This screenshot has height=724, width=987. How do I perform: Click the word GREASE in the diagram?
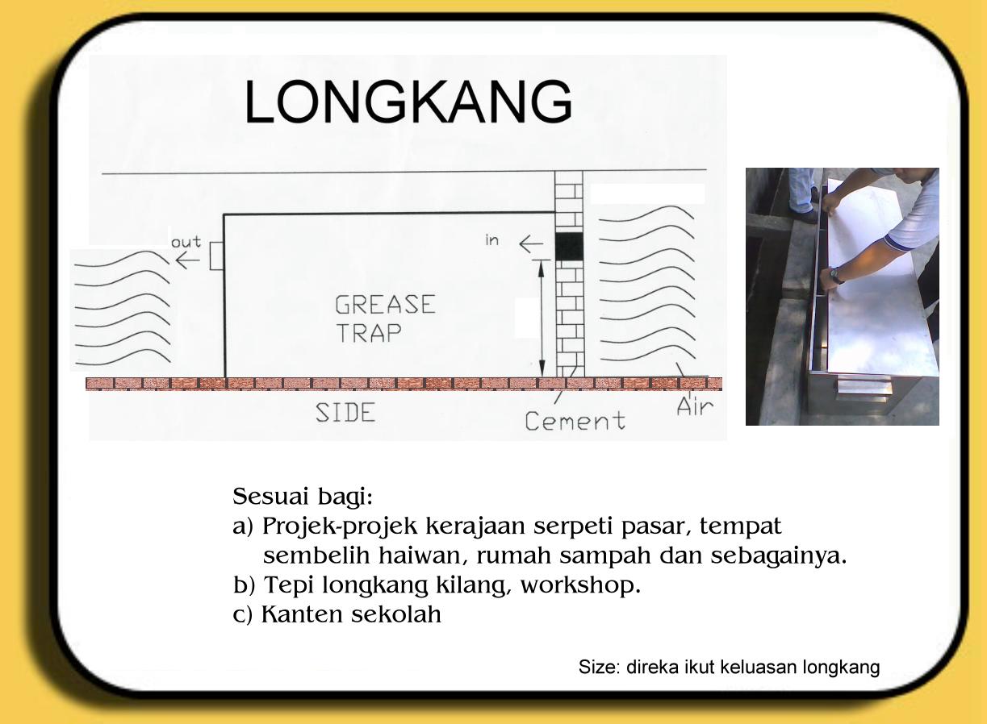pyautogui.click(x=385, y=305)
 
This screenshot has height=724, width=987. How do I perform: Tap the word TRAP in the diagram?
pyautogui.click(x=368, y=332)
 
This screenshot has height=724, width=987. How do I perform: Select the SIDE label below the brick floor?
pyautogui.click(x=345, y=412)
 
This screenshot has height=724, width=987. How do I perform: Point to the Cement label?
pyautogui.click(x=574, y=420)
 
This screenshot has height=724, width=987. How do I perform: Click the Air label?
pyautogui.click(x=695, y=406)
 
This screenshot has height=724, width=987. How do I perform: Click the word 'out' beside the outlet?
pyautogui.click(x=186, y=243)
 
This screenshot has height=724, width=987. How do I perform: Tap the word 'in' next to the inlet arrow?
pyautogui.click(x=491, y=240)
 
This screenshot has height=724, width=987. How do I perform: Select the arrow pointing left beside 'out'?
pyautogui.click(x=187, y=260)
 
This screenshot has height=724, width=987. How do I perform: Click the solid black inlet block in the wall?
pyautogui.click(x=569, y=246)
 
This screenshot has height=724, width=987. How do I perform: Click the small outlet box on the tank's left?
pyautogui.click(x=216, y=257)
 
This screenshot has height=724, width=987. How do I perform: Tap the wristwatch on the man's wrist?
pyautogui.click(x=837, y=276)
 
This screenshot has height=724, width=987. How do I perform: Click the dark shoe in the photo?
pyautogui.click(x=804, y=215)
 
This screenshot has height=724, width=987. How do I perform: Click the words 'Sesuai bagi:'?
pyautogui.click(x=303, y=496)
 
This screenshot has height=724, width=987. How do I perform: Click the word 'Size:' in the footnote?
pyautogui.click(x=596, y=668)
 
